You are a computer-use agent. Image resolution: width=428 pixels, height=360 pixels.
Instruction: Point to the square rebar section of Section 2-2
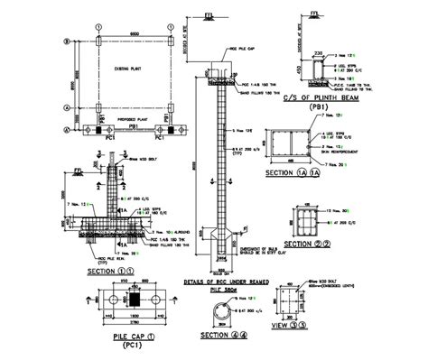pyautogui.click(x=302, y=220)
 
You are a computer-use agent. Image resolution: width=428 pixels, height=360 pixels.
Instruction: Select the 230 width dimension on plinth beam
pyautogui.click(x=318, y=54)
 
